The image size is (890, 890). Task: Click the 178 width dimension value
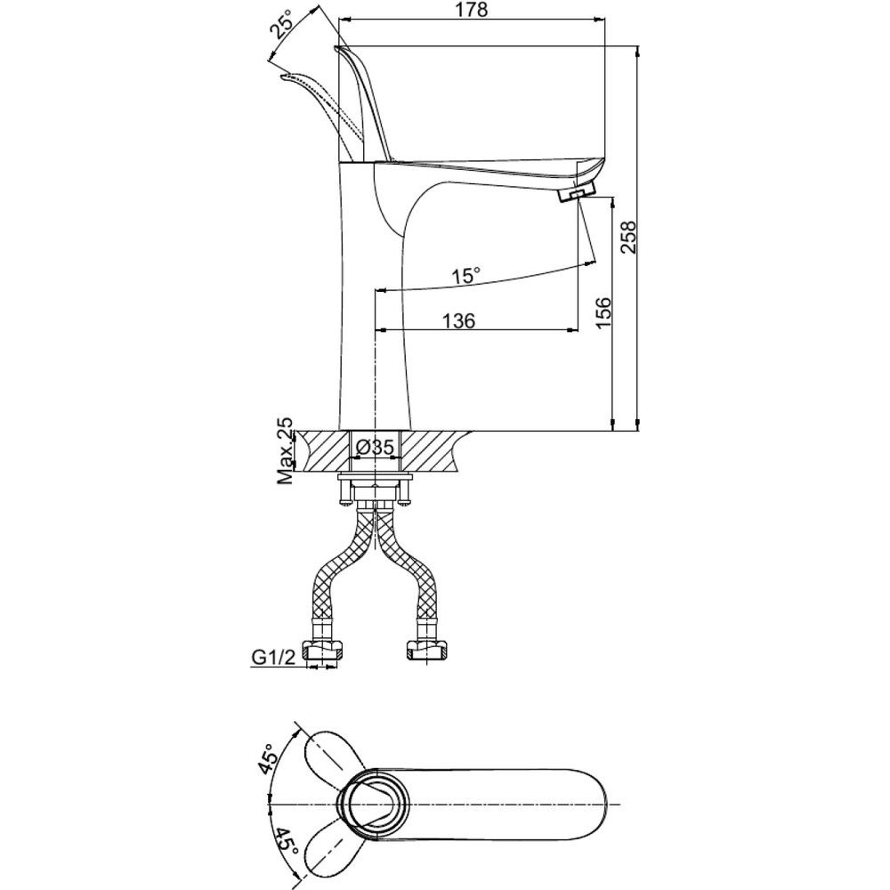coord(471,10)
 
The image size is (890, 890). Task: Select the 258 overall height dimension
coord(628,237)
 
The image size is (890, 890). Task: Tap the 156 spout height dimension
coord(603,311)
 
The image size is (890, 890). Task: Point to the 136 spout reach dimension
coord(458,320)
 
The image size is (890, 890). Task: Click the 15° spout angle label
coord(466,277)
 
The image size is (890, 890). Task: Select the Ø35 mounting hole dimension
coord(375,448)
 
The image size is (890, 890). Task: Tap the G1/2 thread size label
coord(274,658)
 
